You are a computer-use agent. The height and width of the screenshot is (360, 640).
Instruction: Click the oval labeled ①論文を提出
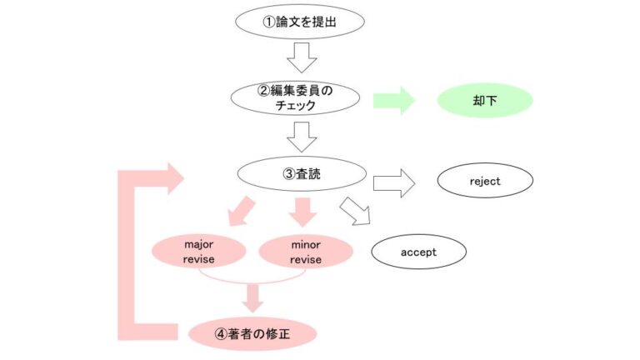tap(300, 22)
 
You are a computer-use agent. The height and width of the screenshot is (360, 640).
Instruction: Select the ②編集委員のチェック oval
tap(297, 98)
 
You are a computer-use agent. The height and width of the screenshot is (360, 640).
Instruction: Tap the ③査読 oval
tap(302, 174)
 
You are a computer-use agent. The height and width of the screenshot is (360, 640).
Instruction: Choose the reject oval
tap(485, 180)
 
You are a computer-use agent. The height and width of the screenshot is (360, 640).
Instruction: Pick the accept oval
tap(418, 251)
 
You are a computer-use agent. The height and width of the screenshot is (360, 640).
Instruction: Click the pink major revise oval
tap(199, 251)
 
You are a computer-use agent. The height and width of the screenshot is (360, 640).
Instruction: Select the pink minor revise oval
tap(305, 251)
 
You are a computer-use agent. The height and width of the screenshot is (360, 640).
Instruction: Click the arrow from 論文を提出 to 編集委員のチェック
tap(302, 59)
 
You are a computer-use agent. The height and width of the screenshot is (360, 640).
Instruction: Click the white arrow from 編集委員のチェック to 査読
tap(302, 136)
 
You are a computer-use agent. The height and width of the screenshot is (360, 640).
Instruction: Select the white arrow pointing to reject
tap(394, 182)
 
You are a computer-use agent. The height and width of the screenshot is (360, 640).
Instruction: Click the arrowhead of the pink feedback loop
tap(174, 177)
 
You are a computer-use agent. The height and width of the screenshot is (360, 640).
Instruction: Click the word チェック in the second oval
tap(297, 106)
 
